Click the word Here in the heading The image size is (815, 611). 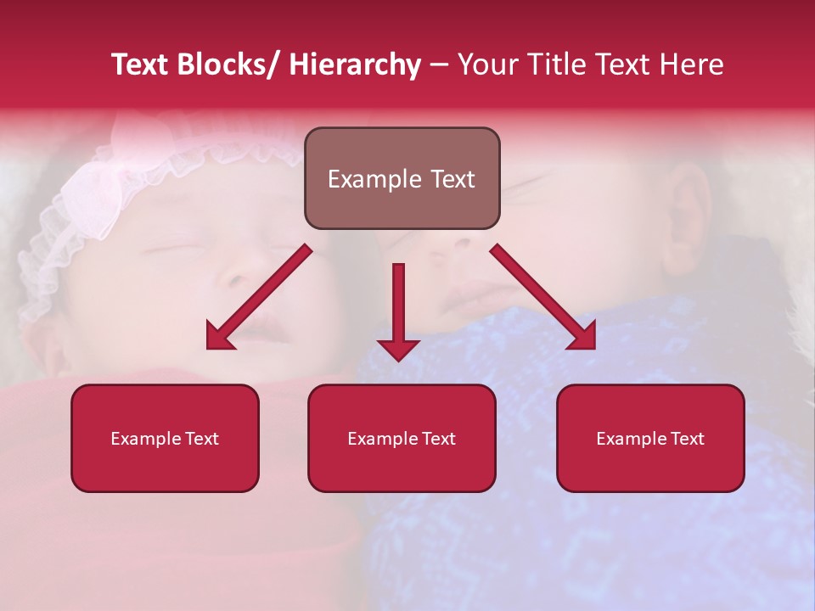click(691, 65)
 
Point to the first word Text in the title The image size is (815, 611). click(142, 65)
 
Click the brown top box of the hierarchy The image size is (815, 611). click(402, 178)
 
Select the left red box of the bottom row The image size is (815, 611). click(165, 438)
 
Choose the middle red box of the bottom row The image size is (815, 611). click(402, 438)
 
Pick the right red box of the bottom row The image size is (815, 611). click(650, 438)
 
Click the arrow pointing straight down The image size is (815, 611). click(398, 305)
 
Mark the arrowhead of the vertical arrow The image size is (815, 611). click(398, 348)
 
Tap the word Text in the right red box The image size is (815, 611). click(688, 439)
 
